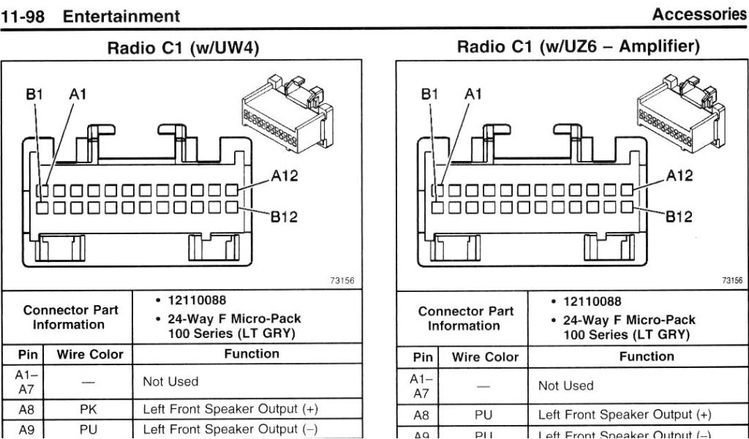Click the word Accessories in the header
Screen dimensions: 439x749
(699, 15)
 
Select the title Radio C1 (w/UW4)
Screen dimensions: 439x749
(183, 48)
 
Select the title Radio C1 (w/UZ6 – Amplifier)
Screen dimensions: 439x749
(578, 47)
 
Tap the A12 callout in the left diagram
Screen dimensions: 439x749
(285, 176)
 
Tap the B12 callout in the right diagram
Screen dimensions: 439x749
(679, 217)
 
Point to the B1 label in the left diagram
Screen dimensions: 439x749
(35, 94)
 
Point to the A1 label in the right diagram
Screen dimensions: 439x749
(473, 94)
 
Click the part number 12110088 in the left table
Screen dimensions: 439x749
(197, 300)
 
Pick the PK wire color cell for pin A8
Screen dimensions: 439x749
(88, 408)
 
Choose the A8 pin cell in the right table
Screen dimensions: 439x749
(421, 415)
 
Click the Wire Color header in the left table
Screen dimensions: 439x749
(90, 355)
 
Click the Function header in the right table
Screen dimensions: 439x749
(647, 357)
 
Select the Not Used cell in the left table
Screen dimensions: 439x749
(170, 381)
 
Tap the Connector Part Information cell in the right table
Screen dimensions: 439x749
(465, 318)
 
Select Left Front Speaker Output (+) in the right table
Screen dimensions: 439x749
(624, 415)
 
